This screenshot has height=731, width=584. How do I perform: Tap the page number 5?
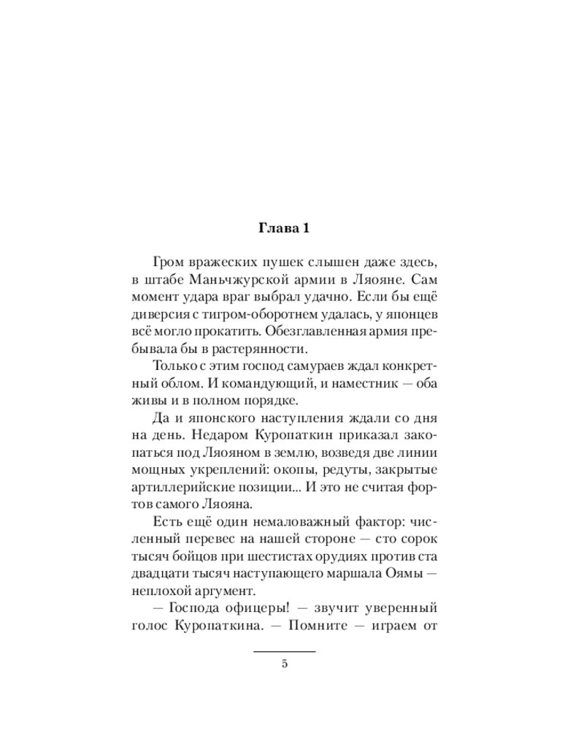[285, 664]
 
